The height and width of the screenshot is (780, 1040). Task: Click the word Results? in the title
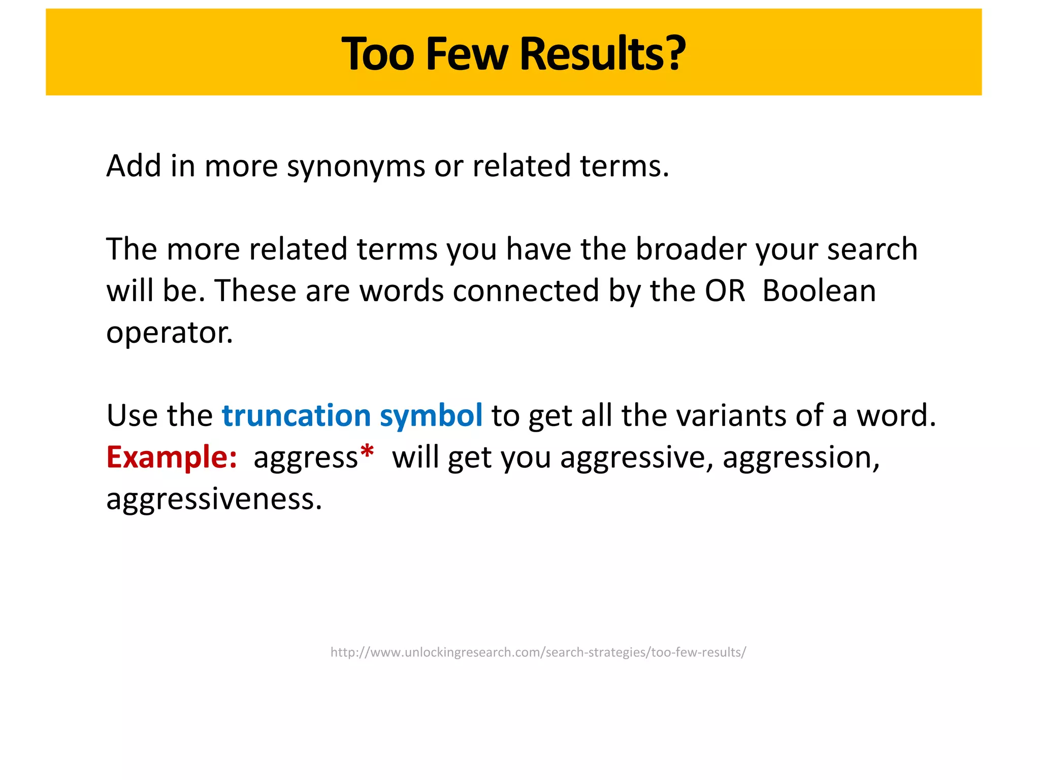[x=602, y=54]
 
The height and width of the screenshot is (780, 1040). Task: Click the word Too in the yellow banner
[x=378, y=54]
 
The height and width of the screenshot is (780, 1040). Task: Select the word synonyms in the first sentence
[x=355, y=167]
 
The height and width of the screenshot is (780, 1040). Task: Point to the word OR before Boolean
[x=725, y=291]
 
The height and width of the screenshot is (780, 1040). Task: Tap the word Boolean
[x=819, y=291]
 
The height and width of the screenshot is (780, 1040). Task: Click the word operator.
[x=169, y=334]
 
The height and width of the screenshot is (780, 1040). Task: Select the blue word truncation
[x=296, y=416]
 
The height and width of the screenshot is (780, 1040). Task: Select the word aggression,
[x=801, y=458]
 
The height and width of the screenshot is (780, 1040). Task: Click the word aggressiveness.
[x=214, y=500]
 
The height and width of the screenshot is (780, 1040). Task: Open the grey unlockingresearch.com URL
[x=538, y=653]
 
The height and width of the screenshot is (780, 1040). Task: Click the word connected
[x=526, y=291]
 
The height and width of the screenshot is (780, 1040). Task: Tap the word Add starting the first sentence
[x=134, y=167]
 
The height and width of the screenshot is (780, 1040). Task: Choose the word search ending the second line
[x=872, y=249]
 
